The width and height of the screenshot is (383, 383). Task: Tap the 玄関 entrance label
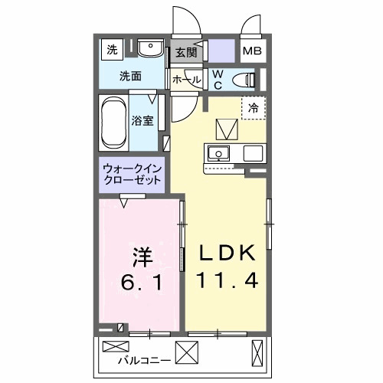pyautogui.click(x=185, y=52)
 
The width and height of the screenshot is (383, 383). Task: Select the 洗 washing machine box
pyautogui.click(x=113, y=51)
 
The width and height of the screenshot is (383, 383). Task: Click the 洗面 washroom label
pyautogui.click(x=131, y=77)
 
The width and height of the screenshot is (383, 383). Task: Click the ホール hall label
pyautogui.click(x=186, y=80)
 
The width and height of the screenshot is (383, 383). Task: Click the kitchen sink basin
pyautogui.click(x=219, y=153)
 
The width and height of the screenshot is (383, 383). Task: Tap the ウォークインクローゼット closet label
pyautogui.click(x=132, y=173)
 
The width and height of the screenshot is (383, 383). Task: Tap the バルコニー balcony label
pyautogui.click(x=144, y=357)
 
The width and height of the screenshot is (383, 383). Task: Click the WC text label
pyautogui.click(x=217, y=79)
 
